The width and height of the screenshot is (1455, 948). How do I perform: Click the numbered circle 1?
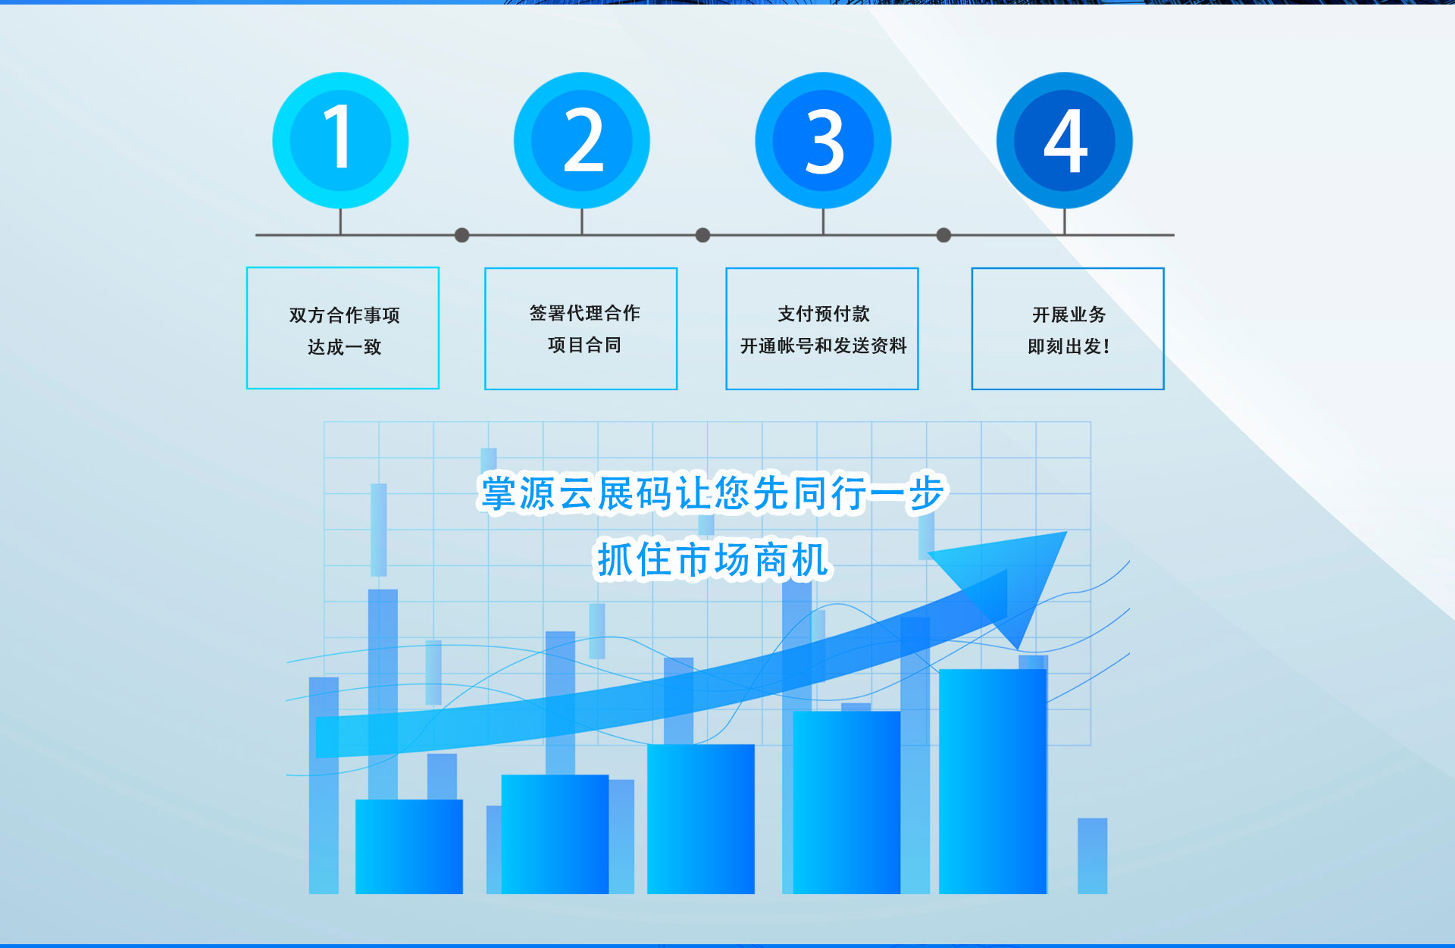click(340, 140)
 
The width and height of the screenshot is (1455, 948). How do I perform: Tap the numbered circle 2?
click(582, 140)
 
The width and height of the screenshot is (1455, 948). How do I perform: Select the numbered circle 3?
click(823, 140)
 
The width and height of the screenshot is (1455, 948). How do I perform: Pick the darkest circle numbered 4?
click(1065, 140)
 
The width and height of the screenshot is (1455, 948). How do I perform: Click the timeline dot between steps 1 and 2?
click(462, 235)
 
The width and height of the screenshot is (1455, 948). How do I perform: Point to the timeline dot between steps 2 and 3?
click(702, 235)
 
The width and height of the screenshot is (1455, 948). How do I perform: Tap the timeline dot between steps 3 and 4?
click(943, 235)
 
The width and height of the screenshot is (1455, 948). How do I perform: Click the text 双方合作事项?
click(344, 314)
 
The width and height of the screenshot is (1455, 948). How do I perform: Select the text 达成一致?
click(344, 346)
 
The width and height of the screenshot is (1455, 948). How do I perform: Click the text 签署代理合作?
click(584, 312)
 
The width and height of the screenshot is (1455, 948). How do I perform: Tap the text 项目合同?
click(584, 345)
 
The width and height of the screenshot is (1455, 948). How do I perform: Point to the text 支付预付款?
click(823, 313)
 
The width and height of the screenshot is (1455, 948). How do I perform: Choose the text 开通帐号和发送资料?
click(823, 346)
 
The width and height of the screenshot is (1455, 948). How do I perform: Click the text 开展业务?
click(1069, 314)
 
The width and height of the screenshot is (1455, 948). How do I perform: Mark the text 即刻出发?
click(1069, 346)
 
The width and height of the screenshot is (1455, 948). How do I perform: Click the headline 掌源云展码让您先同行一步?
click(712, 493)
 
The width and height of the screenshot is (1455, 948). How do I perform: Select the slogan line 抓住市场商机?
click(712, 560)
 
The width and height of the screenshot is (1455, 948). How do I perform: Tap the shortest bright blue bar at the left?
click(409, 846)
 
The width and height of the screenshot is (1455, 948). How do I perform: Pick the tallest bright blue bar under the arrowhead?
click(993, 781)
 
